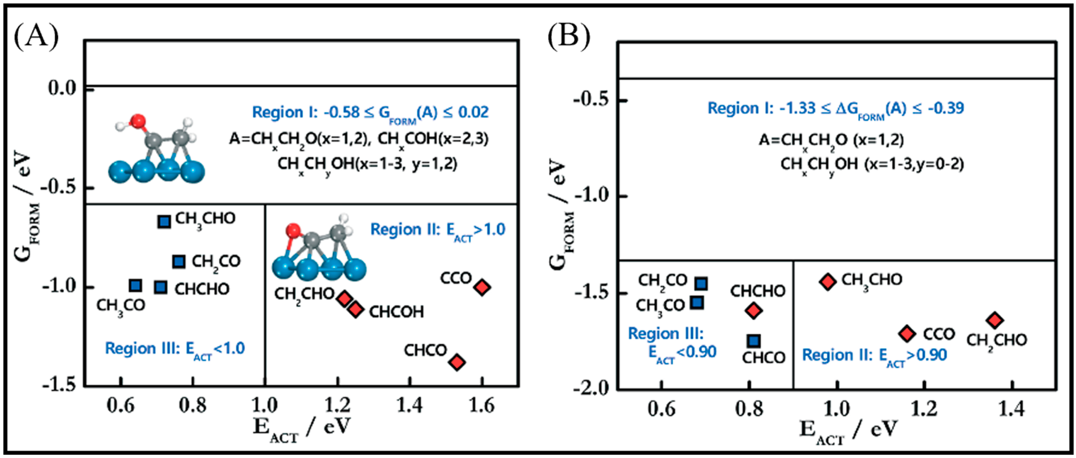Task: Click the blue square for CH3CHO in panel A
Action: (x=164, y=222)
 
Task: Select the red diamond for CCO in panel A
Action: (x=482, y=287)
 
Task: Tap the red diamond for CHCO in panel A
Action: (x=457, y=362)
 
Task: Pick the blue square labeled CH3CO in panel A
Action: (x=135, y=286)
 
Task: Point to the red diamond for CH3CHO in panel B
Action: (x=828, y=282)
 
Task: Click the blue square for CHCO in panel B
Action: (x=753, y=341)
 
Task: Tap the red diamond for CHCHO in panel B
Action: (x=753, y=311)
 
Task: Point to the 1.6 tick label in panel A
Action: (x=482, y=405)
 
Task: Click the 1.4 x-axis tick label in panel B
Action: (x=1010, y=409)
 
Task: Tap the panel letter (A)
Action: (x=36, y=37)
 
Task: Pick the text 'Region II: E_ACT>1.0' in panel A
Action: (x=438, y=230)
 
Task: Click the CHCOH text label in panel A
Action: (x=396, y=312)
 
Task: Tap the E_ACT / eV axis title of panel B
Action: (x=848, y=432)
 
